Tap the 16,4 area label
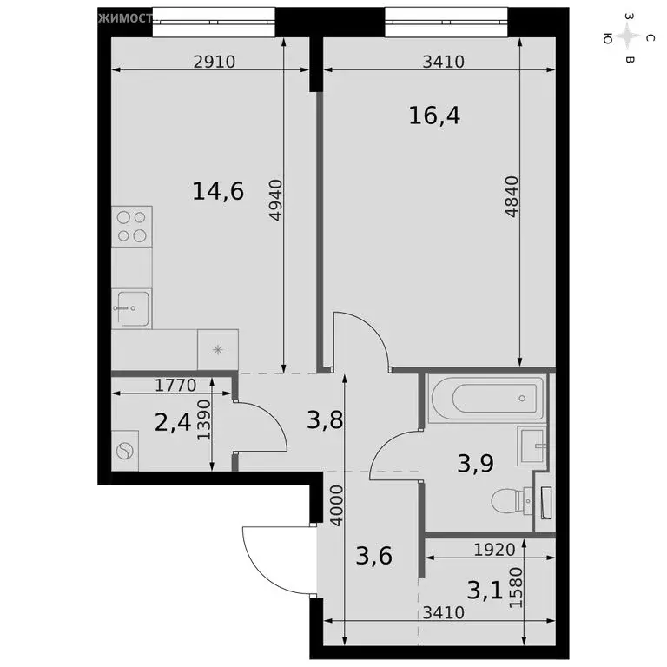pos(433,115)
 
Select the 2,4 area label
pos(171,423)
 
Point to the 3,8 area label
pos(325,421)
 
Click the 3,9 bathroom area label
pos(476,463)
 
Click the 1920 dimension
pos(494,549)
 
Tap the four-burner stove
pos(131,226)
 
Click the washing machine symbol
pos(125,452)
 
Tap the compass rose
pos(628,36)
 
